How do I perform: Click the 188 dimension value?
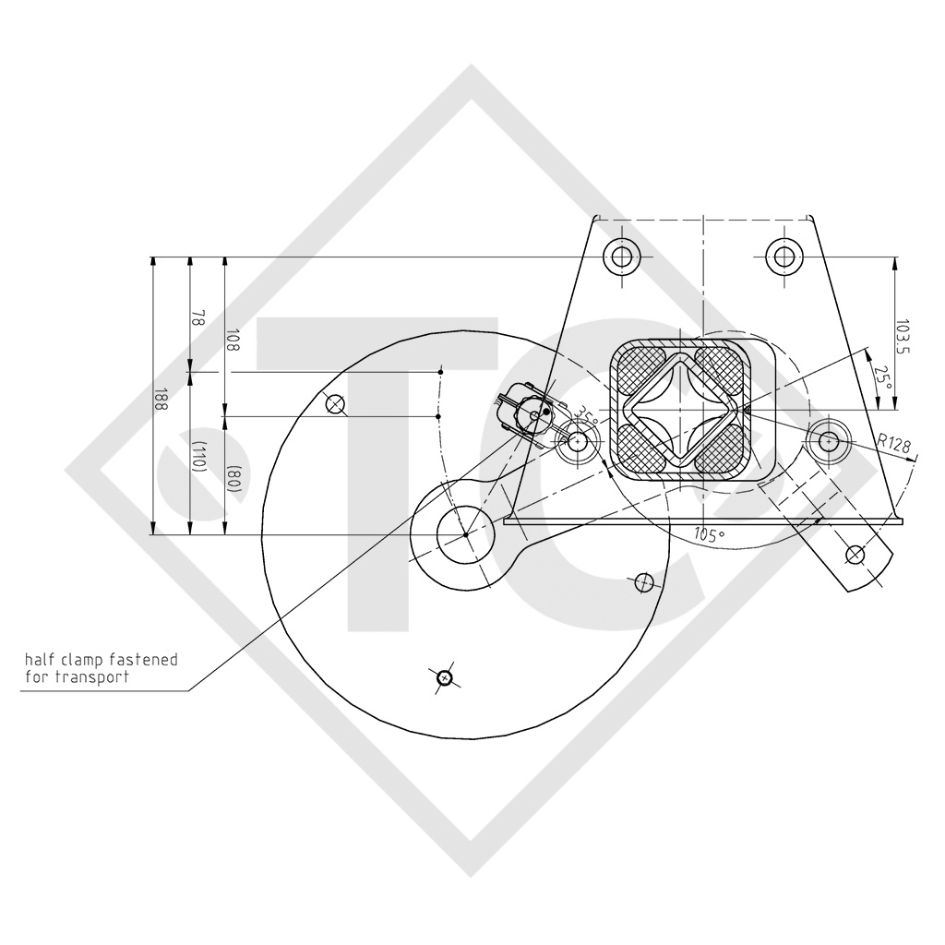(161, 399)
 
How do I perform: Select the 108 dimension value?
(233, 341)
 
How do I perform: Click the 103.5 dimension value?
(903, 338)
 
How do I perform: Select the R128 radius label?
(893, 445)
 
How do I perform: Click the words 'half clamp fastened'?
(102, 660)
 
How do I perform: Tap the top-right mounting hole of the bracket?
(784, 256)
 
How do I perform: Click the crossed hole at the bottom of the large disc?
(445, 678)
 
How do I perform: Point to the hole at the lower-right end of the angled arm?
(855, 555)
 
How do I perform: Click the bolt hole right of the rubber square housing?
(828, 441)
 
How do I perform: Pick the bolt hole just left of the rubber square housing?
(579, 442)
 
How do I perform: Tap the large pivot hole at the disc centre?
(466, 534)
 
